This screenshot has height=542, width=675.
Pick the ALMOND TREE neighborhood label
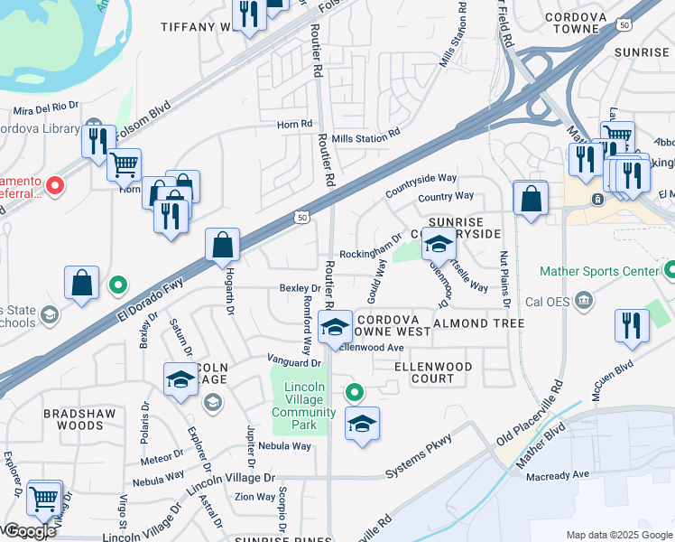(478, 323)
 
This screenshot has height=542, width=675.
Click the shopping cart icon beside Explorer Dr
(44, 498)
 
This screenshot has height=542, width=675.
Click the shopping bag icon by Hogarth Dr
(222, 245)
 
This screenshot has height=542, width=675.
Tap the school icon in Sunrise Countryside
(439, 244)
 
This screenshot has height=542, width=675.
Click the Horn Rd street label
(294, 124)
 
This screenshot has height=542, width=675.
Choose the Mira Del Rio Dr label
(48, 109)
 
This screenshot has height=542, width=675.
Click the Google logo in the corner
(29, 531)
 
